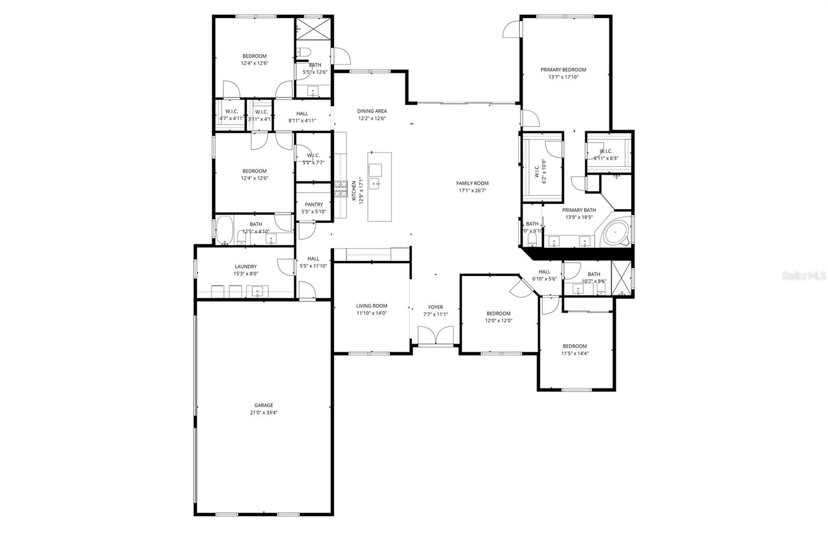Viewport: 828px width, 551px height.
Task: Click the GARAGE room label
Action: pos(263,405)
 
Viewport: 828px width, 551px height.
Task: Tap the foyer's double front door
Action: pos(436,336)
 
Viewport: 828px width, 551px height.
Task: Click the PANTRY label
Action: pos(314,204)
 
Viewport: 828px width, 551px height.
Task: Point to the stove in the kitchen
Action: pos(341,189)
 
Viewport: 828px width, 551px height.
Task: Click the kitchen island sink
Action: pos(375,169)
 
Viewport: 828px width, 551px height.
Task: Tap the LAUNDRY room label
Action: pos(246,266)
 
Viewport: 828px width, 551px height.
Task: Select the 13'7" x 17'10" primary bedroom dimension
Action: pos(563,77)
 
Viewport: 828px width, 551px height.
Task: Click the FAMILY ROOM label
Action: pos(472,183)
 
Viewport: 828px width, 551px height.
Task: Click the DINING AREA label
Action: pos(372,111)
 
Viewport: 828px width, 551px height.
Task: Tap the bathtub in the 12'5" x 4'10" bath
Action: pos(225,230)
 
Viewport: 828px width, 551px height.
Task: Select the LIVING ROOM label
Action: pos(372,306)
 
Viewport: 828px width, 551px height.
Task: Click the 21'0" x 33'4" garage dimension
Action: pos(263,413)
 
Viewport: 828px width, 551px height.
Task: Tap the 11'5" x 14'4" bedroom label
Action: pos(574,346)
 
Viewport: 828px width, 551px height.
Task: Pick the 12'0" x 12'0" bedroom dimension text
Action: pos(498,321)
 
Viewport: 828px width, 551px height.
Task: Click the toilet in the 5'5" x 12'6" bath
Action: pos(304,52)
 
